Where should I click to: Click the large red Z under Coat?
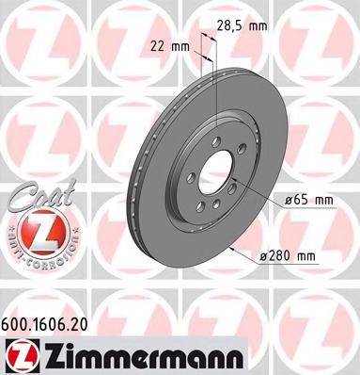pyautogui.click(x=35, y=229)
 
